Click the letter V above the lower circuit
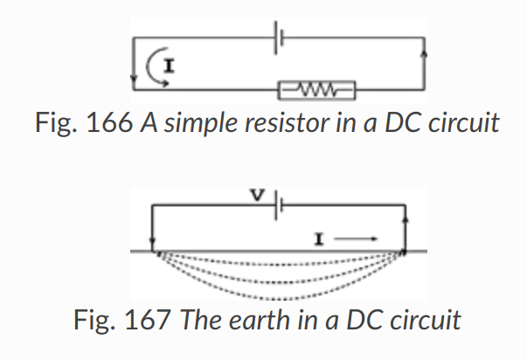pos(259,196)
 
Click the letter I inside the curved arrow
pos(170,63)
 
